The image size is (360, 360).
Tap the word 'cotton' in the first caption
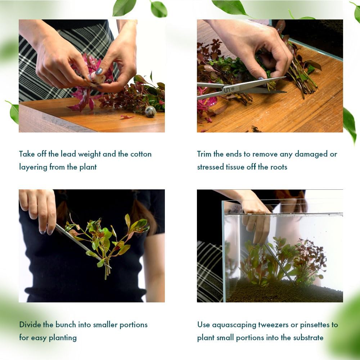click(141, 154)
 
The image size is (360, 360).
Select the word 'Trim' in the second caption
click(204, 154)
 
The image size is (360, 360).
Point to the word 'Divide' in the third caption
click(30, 324)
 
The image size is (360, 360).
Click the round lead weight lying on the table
click(150, 112)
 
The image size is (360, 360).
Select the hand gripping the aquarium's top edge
click(256, 216)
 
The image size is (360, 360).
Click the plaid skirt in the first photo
click(32, 72)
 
